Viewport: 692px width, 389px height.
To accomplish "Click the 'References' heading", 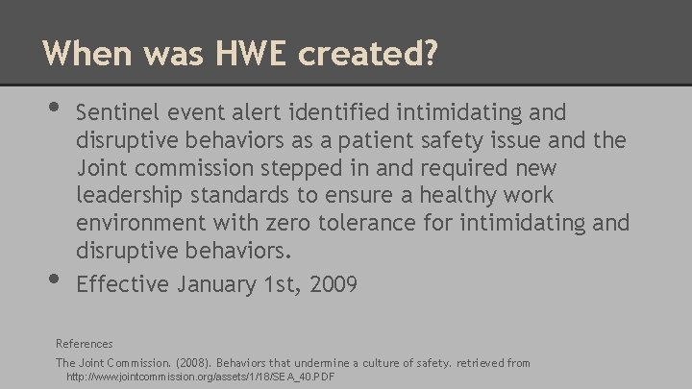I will [x=85, y=343].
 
